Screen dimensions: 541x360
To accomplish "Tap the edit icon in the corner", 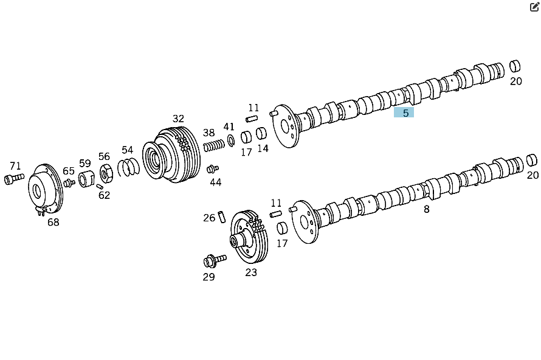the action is point(534,7).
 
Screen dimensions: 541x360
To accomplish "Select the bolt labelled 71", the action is point(14,179).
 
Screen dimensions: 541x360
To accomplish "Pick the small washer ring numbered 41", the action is point(231,140).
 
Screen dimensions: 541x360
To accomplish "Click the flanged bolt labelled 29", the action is point(214,261).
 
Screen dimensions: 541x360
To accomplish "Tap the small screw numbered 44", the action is point(212,169).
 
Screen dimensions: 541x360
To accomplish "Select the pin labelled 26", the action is point(221,216).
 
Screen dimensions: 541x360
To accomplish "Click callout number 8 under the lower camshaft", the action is point(427,209).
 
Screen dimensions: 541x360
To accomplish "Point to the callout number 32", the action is point(178,119).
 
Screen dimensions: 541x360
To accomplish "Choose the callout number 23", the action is point(251,272).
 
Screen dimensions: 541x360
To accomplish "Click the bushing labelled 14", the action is point(261,133).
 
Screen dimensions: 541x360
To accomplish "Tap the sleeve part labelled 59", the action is point(86,179).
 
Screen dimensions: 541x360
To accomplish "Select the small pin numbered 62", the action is point(100,187).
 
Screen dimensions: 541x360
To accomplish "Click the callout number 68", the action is point(53,223).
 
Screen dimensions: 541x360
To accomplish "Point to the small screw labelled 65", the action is point(69,183).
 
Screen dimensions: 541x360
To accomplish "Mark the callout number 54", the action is point(127,150).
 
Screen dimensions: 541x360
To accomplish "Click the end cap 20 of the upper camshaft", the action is point(515,66).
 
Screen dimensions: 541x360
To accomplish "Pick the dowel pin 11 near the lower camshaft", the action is point(276,214).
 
